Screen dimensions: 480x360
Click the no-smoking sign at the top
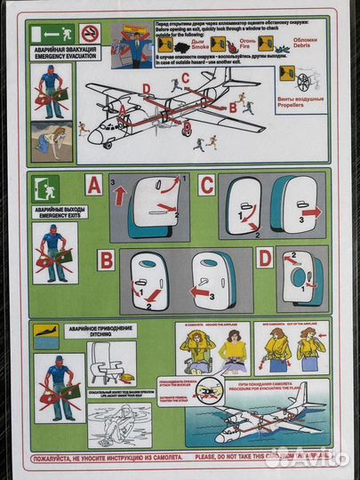click(x=90, y=34)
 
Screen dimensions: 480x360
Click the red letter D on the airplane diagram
click(x=146, y=87)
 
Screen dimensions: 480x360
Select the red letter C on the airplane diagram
click(x=185, y=77)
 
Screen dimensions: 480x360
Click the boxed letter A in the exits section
click(x=94, y=186)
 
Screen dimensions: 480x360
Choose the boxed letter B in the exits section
click(x=107, y=260)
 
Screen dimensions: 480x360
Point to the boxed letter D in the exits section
click(x=265, y=260)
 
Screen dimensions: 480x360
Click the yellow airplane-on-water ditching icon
click(x=44, y=333)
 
